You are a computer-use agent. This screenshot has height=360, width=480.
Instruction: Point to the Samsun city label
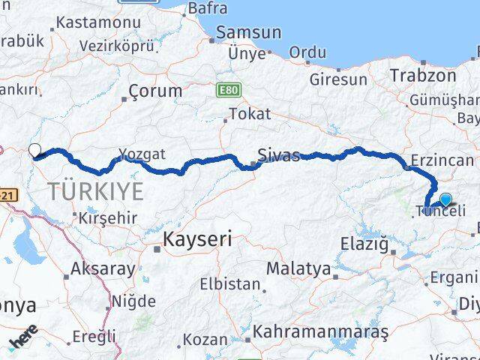click(248, 33)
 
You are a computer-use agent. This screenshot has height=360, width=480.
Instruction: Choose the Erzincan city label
click(442, 160)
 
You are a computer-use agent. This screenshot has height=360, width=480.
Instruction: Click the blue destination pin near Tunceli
click(446, 199)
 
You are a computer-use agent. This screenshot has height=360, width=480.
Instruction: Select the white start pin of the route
click(34, 150)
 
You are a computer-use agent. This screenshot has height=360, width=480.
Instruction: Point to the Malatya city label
click(298, 268)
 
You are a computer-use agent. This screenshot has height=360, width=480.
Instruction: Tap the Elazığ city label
click(363, 244)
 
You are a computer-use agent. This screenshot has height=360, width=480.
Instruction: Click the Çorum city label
click(155, 91)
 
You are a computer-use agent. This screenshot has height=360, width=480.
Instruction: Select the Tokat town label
click(249, 115)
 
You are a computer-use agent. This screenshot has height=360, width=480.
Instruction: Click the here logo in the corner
click(22, 343)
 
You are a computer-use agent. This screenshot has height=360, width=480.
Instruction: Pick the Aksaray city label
click(103, 268)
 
